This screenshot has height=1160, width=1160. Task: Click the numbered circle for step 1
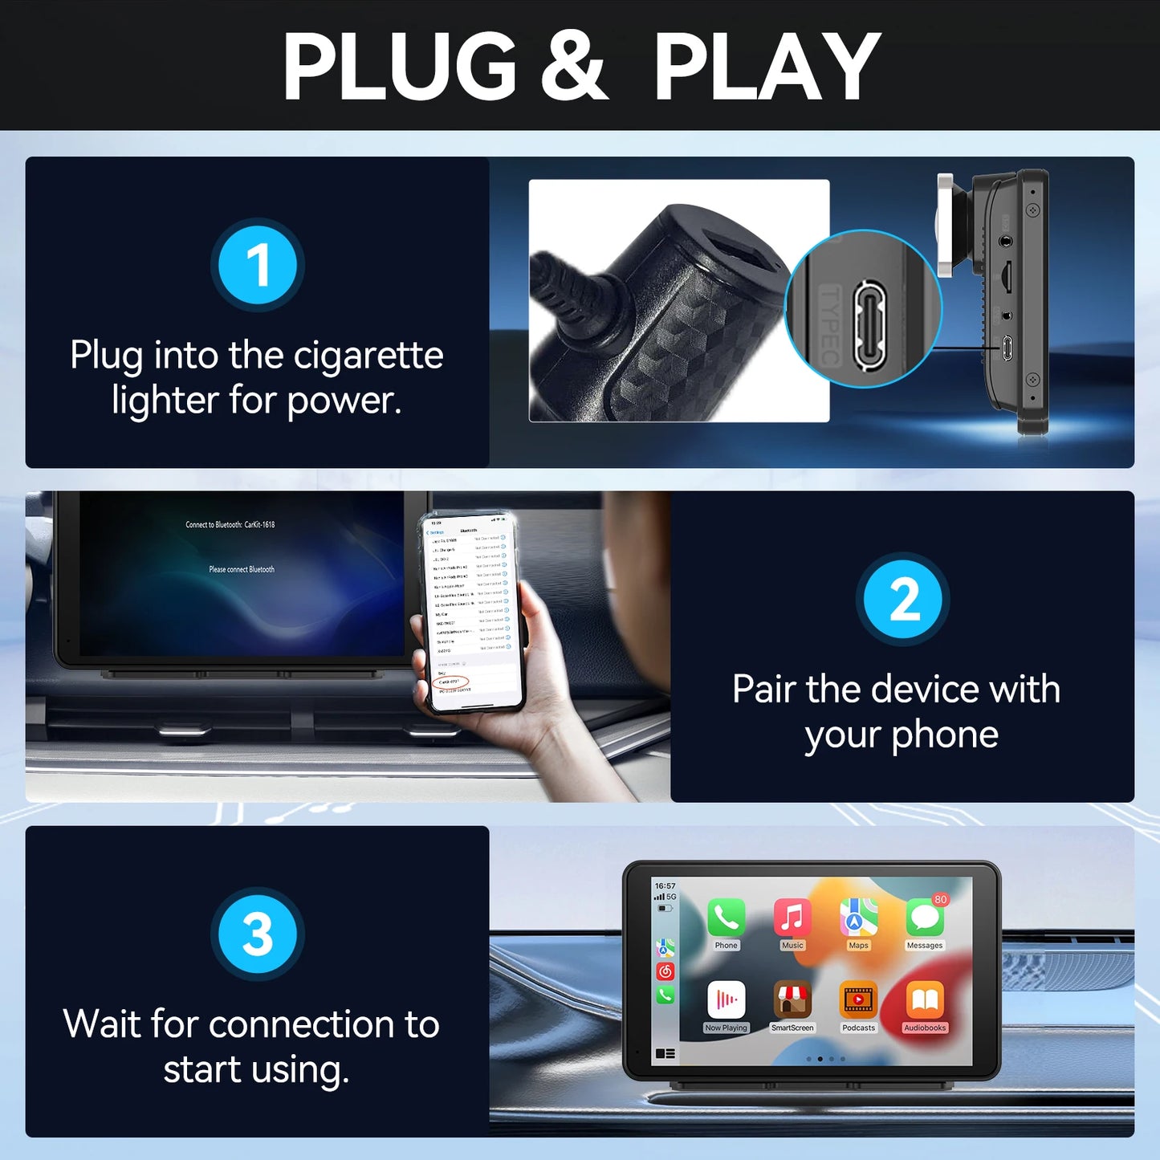click(x=258, y=265)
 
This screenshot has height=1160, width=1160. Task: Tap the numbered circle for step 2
click(x=903, y=600)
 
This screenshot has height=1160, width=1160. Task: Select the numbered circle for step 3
click(x=258, y=934)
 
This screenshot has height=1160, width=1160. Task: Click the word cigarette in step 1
click(x=368, y=356)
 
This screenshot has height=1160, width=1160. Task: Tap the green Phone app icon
click(x=726, y=917)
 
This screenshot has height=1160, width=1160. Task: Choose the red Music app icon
click(x=792, y=917)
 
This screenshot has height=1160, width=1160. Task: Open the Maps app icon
click(x=858, y=917)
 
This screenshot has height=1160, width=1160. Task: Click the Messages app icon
click(x=924, y=918)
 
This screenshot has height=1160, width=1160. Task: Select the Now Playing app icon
click(x=726, y=1000)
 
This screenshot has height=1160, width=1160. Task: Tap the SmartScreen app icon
click(x=792, y=1000)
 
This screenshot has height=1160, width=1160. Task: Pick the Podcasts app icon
click(x=858, y=1000)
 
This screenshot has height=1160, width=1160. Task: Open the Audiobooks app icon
click(x=925, y=1000)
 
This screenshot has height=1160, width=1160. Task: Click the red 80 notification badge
click(x=940, y=900)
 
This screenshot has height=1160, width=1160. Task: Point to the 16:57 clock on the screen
click(x=665, y=886)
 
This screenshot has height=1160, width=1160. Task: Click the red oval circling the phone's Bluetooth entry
click(x=450, y=682)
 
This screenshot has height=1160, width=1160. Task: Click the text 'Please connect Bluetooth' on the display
click(x=242, y=570)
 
